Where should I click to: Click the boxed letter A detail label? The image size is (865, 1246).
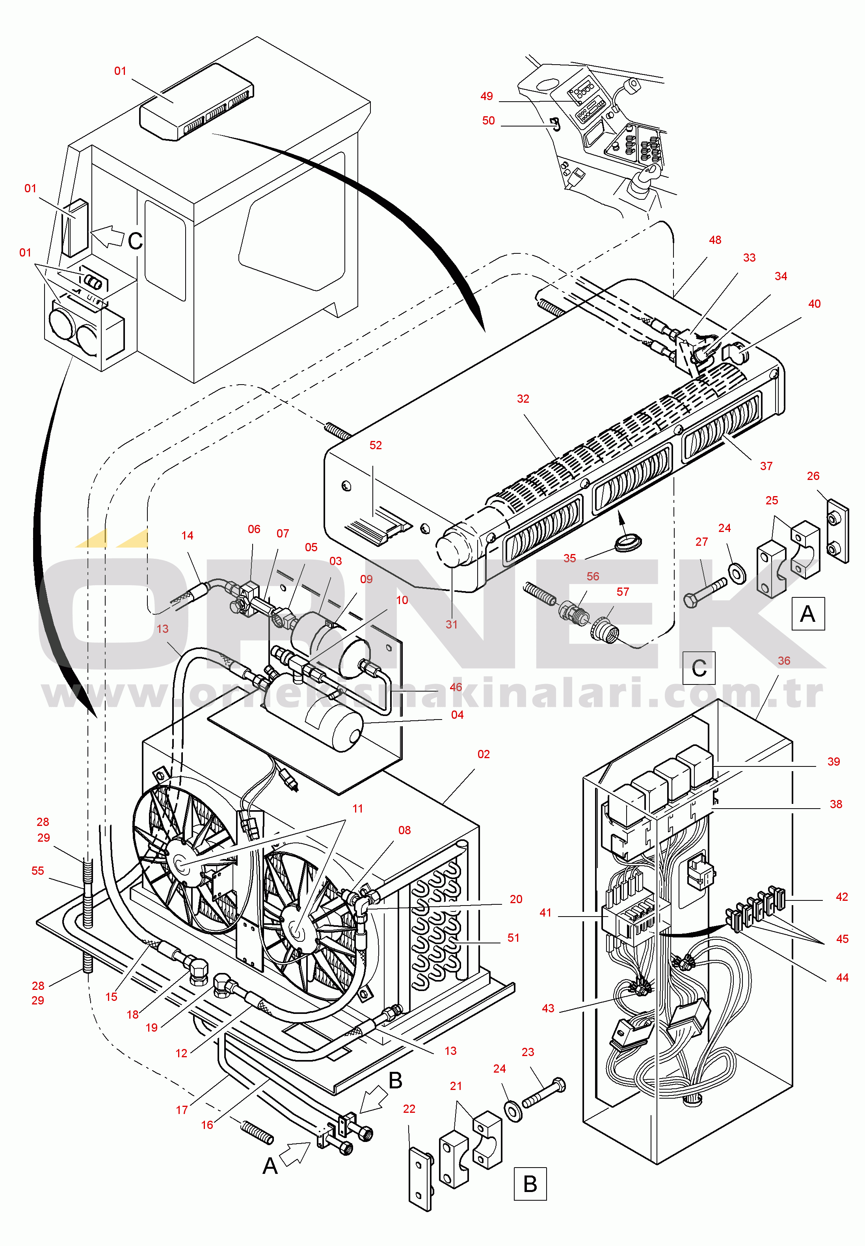pos(807,614)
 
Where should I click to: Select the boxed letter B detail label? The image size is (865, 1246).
pos(530,1184)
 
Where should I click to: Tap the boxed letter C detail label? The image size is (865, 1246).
pos(699,668)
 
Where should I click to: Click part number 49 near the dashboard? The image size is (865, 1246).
pos(486,97)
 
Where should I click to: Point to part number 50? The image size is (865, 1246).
pos(488,121)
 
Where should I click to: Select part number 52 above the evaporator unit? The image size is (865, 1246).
pos(376,446)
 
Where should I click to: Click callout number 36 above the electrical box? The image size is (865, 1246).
pos(784,661)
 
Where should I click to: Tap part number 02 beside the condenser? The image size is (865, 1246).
pos(484,755)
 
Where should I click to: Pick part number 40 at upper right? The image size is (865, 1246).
pos(814,304)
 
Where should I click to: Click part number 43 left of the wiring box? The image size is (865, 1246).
pos(548,1008)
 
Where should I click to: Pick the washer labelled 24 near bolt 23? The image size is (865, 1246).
pos(513,1111)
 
